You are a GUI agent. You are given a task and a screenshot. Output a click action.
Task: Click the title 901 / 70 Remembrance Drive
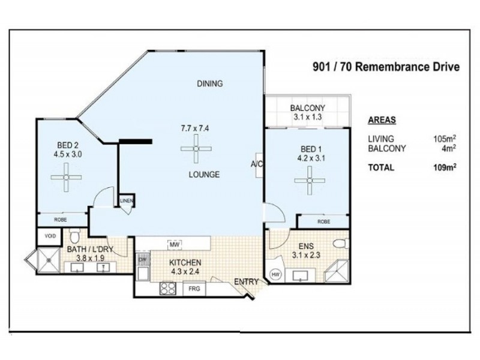[386, 67]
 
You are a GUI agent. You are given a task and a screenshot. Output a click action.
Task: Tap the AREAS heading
[382, 119]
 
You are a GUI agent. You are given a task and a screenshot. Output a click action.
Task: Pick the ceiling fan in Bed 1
[310, 179]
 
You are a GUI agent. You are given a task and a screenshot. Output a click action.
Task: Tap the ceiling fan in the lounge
[196, 148]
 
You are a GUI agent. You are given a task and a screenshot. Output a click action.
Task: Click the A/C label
[256, 164]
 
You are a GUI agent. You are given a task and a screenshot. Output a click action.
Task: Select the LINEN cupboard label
[127, 201]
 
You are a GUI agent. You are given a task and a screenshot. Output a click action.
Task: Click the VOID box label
[50, 236]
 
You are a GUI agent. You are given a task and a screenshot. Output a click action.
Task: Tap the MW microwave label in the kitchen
[175, 244]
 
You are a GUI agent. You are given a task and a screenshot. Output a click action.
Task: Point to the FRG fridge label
[194, 289]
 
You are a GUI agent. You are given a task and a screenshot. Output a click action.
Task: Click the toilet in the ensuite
[340, 244]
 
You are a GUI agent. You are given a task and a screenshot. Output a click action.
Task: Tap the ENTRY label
[246, 281]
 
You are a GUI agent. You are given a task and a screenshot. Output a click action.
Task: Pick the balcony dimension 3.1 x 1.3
[307, 118]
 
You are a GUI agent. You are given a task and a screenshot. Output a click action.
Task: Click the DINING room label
[210, 84]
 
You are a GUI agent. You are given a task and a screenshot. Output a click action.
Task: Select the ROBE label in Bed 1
[323, 221]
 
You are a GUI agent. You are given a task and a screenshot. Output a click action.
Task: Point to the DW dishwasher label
[143, 260]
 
